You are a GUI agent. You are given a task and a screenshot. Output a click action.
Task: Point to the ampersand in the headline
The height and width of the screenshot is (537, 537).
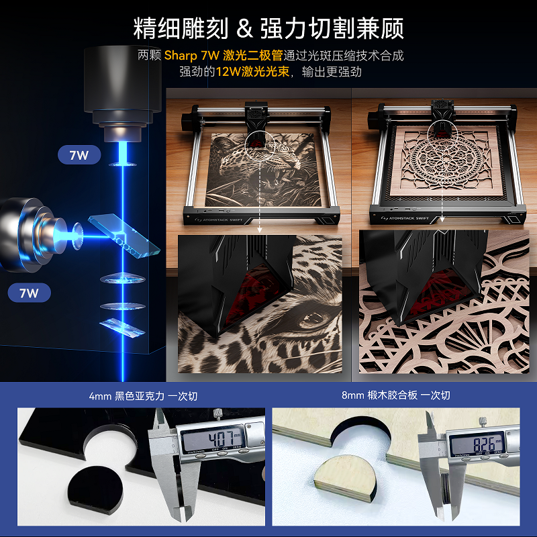pos(245,29)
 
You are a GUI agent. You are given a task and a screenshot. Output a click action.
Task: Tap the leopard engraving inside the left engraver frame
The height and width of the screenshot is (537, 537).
pos(262,168)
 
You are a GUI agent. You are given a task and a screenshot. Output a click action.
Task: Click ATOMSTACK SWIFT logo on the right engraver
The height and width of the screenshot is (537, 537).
pos(407,218)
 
